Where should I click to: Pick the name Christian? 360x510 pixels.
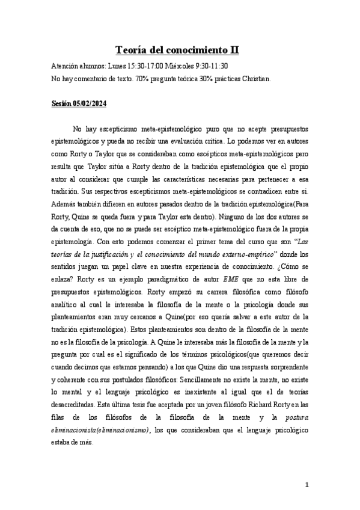[255, 78]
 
